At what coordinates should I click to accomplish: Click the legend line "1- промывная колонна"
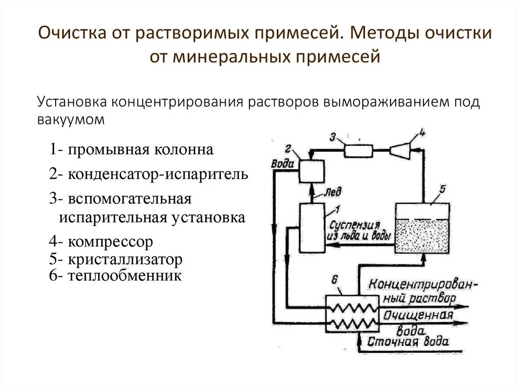132,150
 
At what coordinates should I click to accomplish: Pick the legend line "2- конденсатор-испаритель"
149,175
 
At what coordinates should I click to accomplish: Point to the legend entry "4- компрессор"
101,242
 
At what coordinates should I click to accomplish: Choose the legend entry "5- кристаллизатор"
116,260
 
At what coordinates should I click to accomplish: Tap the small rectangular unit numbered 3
358,150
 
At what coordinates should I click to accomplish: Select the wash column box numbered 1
313,228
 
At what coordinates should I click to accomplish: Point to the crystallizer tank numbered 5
422,227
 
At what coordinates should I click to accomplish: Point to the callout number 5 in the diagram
442,189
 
